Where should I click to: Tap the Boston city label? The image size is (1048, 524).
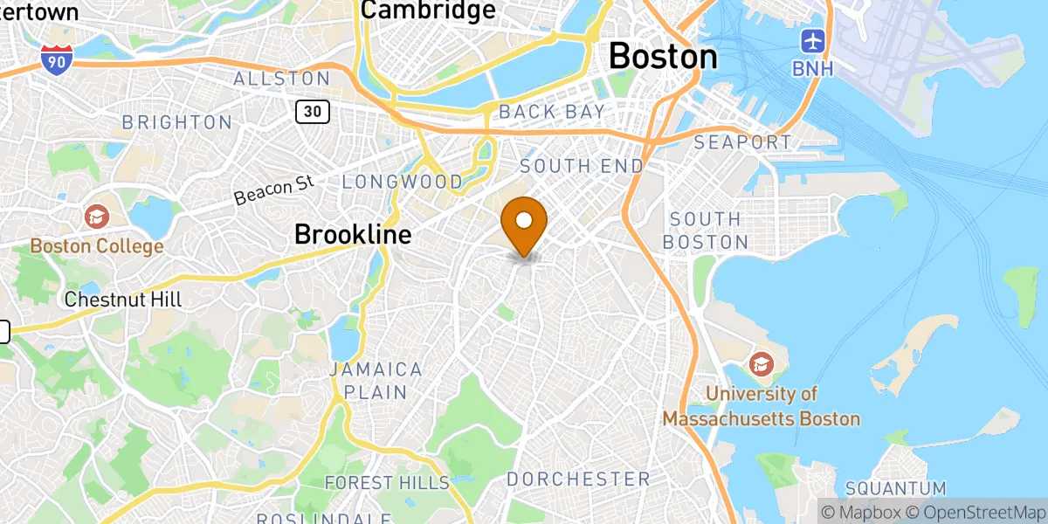[x=663, y=57]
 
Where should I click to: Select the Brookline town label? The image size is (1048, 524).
[x=352, y=234]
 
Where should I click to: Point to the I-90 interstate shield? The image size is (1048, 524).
[x=56, y=59]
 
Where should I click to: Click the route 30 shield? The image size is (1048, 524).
[x=312, y=111]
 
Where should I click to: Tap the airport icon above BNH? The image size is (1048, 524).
[x=813, y=40]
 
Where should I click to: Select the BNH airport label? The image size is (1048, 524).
[x=813, y=67]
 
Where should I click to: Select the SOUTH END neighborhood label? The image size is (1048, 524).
[x=582, y=166]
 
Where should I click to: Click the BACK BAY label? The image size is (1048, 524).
[x=551, y=112]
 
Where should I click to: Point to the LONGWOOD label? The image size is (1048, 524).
[x=403, y=182]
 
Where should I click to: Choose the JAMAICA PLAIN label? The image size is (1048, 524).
[x=376, y=380]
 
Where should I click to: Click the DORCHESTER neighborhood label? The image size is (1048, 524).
[x=578, y=479]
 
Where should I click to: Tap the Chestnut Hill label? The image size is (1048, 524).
[x=123, y=300]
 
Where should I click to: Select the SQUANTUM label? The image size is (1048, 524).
[x=896, y=487]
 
